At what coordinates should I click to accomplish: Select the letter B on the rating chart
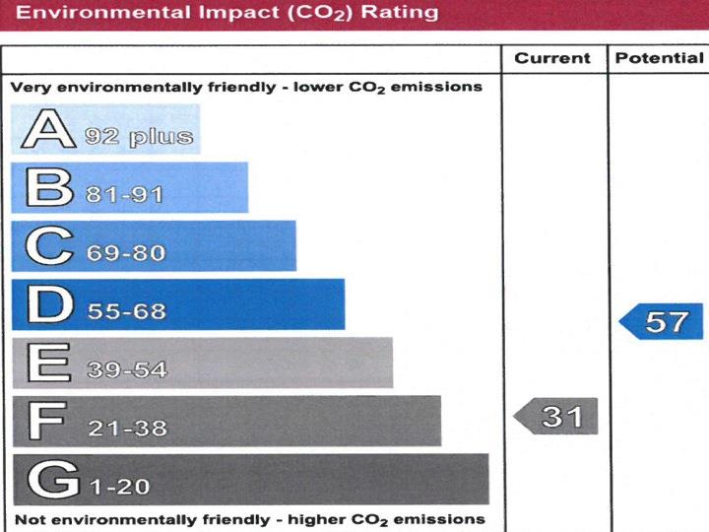[x=49, y=187]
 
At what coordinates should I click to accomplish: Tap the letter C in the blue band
[x=49, y=246]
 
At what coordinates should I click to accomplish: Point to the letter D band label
[x=49, y=304]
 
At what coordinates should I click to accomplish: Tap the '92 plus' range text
[x=139, y=136]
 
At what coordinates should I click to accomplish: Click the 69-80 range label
[x=126, y=253]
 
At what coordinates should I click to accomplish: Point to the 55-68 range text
[x=126, y=311]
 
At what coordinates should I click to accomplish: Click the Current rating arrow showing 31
[x=557, y=417]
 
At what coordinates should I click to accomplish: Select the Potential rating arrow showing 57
[x=663, y=321]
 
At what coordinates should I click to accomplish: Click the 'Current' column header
[x=552, y=58]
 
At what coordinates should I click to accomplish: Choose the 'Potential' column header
[x=659, y=58]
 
